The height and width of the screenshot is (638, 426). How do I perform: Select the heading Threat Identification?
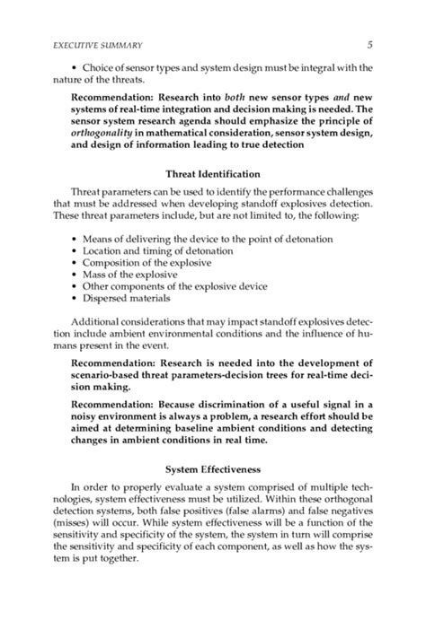coord(213,174)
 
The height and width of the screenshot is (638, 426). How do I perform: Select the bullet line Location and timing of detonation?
coord(157,253)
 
